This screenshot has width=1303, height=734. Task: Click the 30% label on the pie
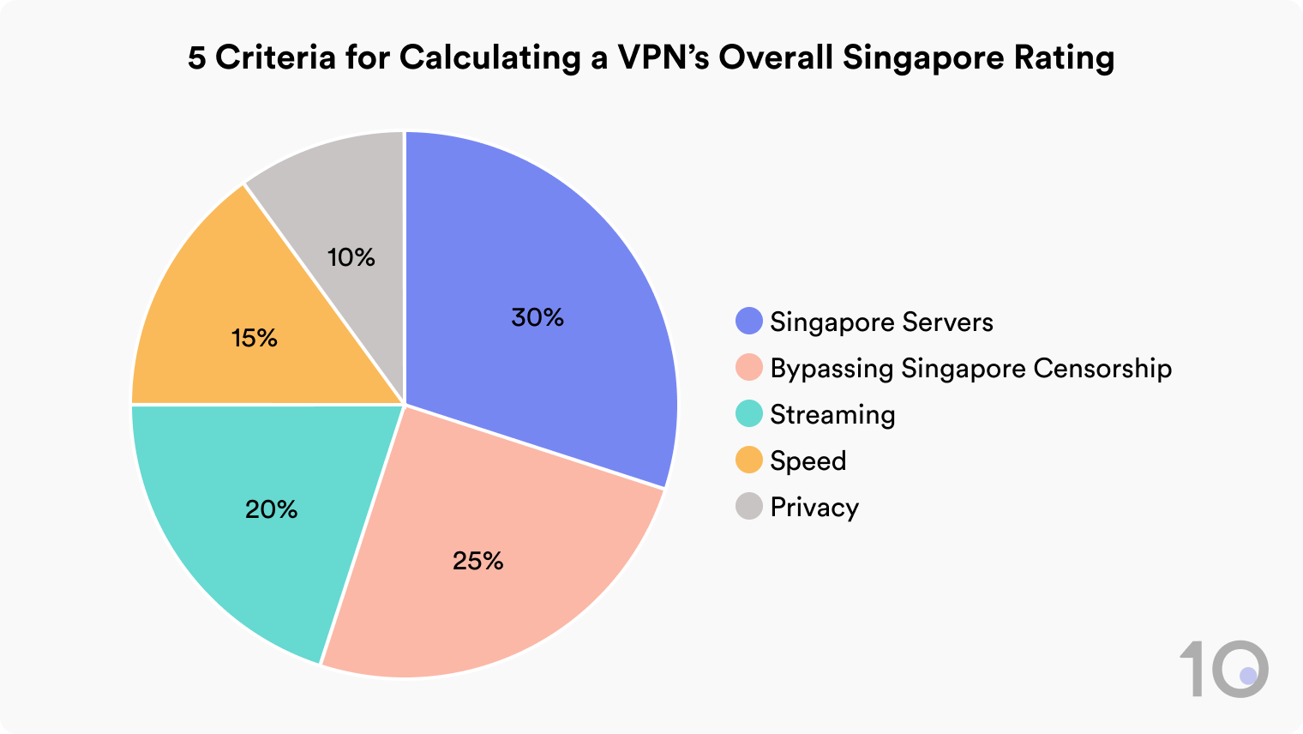click(x=537, y=317)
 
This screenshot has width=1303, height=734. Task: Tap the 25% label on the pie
click(x=477, y=561)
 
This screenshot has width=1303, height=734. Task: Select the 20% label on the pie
click(x=271, y=509)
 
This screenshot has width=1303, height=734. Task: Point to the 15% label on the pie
click(x=255, y=338)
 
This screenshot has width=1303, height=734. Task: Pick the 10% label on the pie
click(x=351, y=257)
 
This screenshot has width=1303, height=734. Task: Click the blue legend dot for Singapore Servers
click(x=749, y=322)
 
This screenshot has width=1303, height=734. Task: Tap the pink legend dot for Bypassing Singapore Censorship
click(x=749, y=368)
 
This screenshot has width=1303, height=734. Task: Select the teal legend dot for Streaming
click(x=749, y=414)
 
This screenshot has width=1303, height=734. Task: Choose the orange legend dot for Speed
click(x=749, y=460)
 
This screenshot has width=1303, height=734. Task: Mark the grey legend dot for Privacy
click(x=749, y=507)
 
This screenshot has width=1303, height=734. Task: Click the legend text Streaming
click(x=832, y=415)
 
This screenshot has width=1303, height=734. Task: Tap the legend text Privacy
click(x=814, y=508)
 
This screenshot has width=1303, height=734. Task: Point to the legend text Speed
click(x=808, y=461)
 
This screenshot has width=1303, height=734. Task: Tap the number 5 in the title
click(x=197, y=58)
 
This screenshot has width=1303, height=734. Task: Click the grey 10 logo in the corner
click(x=1224, y=669)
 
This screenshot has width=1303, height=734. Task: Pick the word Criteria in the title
click(x=275, y=58)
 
